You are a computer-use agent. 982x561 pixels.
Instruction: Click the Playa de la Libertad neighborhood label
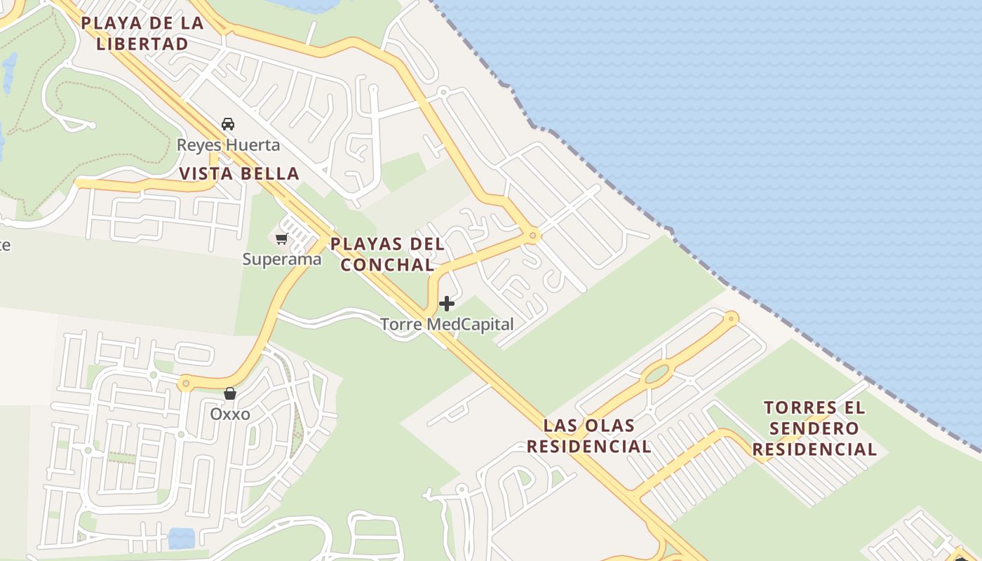click(x=142, y=33)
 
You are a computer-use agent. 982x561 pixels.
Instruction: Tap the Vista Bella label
click(x=239, y=173)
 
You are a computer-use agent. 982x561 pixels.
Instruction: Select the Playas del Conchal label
click(x=387, y=254)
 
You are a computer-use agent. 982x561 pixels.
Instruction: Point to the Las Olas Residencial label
click(x=588, y=435)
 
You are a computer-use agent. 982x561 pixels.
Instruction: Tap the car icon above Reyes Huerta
click(x=227, y=124)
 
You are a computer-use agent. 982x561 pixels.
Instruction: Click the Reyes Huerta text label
click(x=228, y=145)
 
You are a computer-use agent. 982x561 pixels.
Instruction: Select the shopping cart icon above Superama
click(x=282, y=239)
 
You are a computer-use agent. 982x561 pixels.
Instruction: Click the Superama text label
click(x=282, y=259)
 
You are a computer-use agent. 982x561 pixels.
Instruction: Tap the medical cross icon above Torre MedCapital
click(x=447, y=304)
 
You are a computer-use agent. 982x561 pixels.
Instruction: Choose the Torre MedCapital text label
click(x=447, y=325)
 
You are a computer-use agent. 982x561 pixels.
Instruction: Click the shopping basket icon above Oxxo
click(x=229, y=393)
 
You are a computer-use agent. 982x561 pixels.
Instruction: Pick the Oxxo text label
click(x=230, y=414)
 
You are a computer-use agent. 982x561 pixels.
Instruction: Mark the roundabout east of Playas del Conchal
click(x=533, y=236)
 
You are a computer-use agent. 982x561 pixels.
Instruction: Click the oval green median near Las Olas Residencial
click(x=657, y=374)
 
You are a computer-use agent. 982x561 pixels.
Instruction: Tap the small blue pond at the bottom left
click(x=181, y=539)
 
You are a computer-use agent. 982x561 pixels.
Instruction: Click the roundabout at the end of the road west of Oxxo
click(x=184, y=384)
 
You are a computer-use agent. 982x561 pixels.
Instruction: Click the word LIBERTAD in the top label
click(x=142, y=43)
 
